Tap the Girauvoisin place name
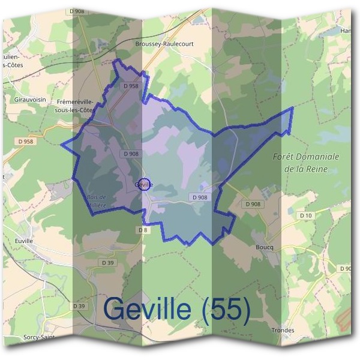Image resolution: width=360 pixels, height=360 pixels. (28, 101)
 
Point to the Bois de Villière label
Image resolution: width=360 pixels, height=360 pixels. (94, 200)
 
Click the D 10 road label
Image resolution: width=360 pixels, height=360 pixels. (307, 215)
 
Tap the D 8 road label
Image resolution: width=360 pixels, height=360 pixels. (143, 230)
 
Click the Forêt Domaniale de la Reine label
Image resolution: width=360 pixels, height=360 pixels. (305, 163)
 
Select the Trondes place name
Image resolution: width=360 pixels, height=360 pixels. (283, 330)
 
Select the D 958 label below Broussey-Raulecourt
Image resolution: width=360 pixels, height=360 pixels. (131, 86)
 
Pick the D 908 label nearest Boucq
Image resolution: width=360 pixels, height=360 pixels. (253, 204)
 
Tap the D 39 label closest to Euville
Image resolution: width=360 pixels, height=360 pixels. (108, 263)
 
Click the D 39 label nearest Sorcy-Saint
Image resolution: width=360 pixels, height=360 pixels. (80, 306)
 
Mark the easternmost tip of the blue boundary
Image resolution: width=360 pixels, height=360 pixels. (293, 108)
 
